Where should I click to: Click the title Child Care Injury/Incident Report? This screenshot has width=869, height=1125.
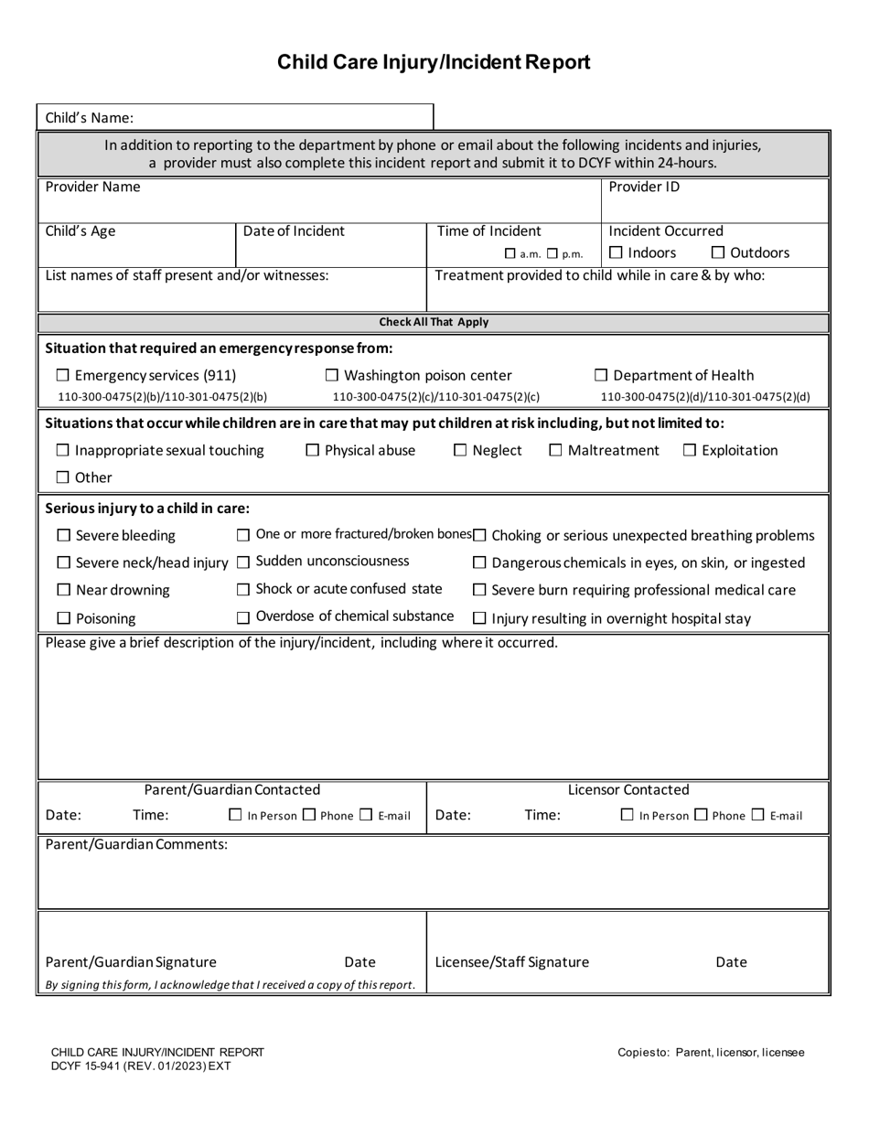[x=434, y=62]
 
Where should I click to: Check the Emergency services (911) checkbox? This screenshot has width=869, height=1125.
[x=63, y=376]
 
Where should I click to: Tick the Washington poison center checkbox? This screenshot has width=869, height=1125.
[x=333, y=376]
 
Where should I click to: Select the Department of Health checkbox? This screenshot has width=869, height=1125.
[x=601, y=376]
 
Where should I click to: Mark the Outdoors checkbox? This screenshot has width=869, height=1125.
[x=718, y=253]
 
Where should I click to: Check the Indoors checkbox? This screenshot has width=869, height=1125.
[x=617, y=253]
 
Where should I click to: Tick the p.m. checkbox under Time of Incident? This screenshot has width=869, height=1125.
[x=553, y=254]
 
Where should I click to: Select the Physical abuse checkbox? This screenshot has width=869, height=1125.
[x=313, y=450]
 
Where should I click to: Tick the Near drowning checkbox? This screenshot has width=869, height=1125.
[x=64, y=591]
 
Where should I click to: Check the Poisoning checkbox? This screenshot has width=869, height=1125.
[x=64, y=619]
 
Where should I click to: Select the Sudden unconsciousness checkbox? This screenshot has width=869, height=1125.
[x=243, y=562]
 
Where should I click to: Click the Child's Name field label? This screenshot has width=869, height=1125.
[x=90, y=117]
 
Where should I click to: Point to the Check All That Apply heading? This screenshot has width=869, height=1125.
[x=434, y=322]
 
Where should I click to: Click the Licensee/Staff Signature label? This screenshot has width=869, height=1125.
[x=512, y=962]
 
